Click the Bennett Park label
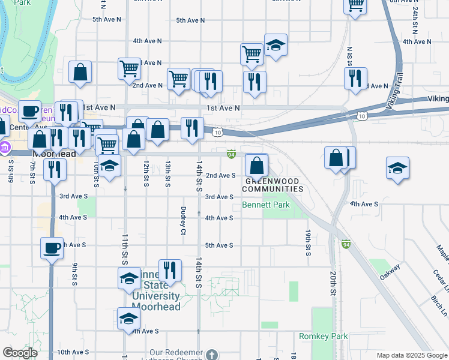tap(266, 205)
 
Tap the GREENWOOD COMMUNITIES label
tap(273, 184)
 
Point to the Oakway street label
tap(391, 272)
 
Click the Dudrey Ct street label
tap(183, 220)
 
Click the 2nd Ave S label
tap(220, 175)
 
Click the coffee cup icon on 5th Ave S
tap(52, 247)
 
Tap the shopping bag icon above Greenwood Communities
tap(256, 166)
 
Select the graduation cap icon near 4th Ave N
tap(276, 45)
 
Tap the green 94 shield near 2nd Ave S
tap(231, 154)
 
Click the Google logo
tap(20, 353)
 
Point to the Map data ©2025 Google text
tap(411, 355)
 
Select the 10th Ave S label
tap(74, 352)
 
